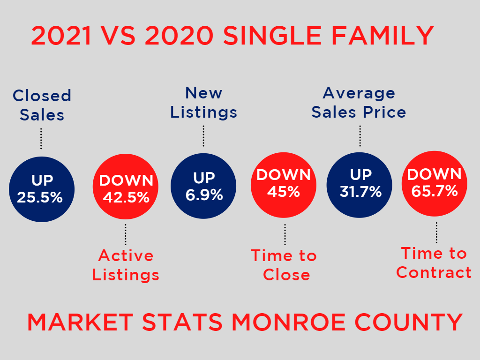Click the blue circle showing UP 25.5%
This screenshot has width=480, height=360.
coord(41,189)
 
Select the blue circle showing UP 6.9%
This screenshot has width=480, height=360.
coord(203,186)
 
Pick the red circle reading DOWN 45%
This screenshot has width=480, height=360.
coord(284,184)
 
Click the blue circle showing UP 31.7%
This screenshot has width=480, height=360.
coord(360,184)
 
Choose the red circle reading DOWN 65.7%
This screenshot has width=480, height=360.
coord(435,183)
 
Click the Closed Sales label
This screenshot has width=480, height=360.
coord(42,105)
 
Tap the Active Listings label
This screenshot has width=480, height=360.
coord(126,265)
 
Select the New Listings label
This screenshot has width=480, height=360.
coord(203,103)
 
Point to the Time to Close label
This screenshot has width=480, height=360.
coord(284,265)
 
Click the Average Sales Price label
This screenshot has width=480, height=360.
coord(359,103)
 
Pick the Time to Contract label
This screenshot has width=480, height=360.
coord(434,263)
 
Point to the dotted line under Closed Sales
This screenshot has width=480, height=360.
coord(41,138)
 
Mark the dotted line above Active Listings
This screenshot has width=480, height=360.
coord(126,234)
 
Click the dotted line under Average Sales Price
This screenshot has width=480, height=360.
coord(360,136)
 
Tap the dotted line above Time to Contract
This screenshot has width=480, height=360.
coord(436,232)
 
